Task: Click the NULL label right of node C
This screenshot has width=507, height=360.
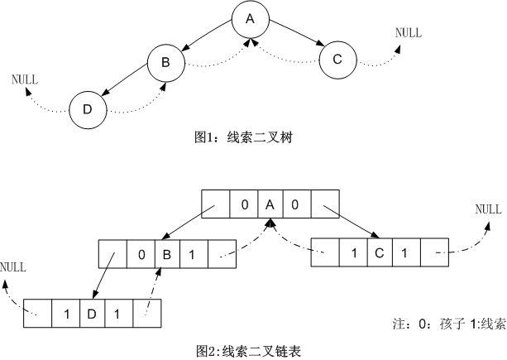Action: [408, 33]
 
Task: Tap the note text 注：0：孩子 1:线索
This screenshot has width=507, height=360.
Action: [447, 324]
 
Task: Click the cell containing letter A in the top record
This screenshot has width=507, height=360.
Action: [270, 204]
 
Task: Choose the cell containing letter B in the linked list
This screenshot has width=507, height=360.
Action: [166, 255]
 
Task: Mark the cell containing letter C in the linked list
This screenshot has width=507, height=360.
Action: [379, 252]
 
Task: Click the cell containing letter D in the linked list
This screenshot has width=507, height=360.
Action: [90, 314]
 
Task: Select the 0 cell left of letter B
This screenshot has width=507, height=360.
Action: [141, 255]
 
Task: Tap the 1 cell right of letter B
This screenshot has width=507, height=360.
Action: [193, 255]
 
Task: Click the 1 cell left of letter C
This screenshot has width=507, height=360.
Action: [353, 252]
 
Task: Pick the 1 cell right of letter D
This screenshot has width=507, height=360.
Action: [117, 314]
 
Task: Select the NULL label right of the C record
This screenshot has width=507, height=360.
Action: [488, 209]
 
